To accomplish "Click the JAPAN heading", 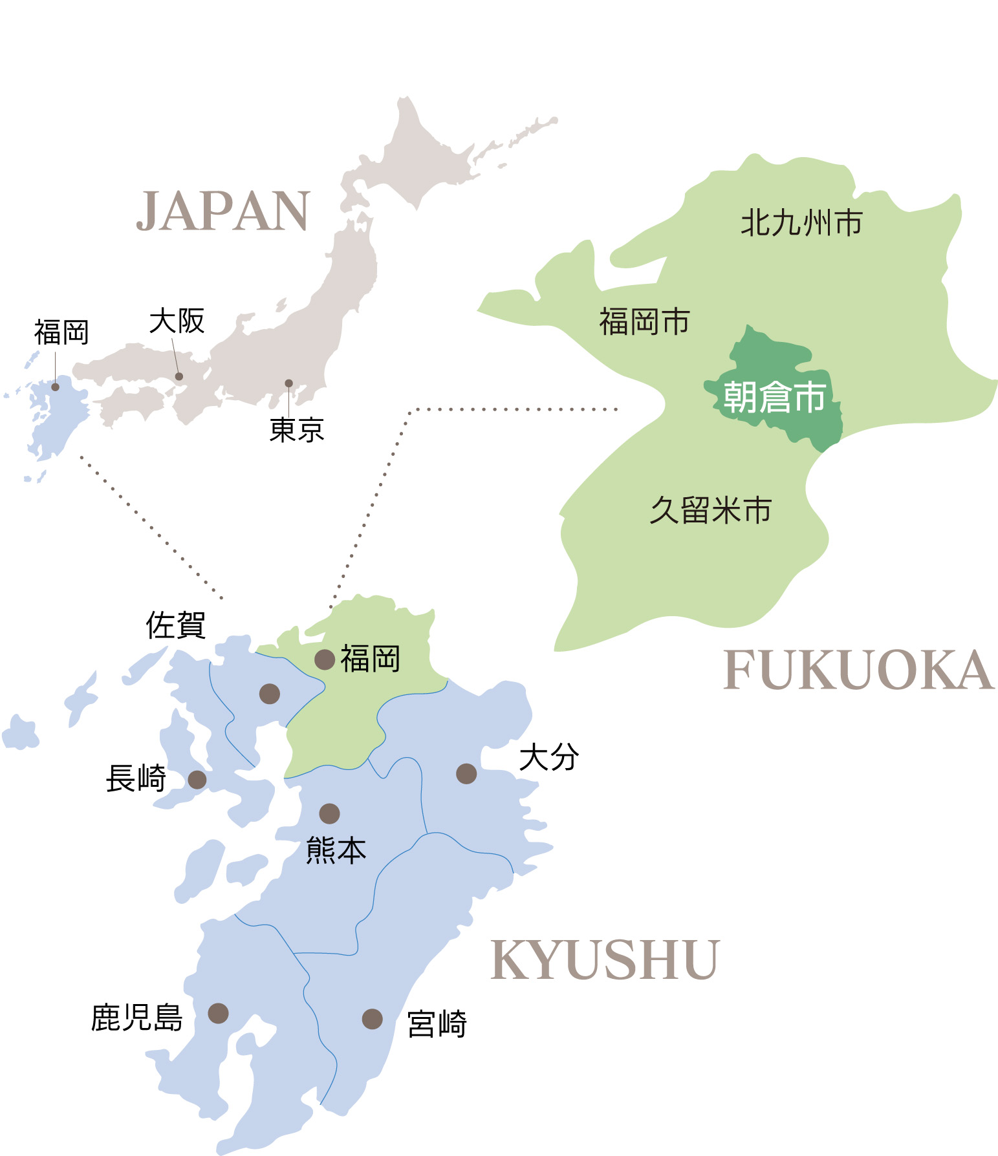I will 223,211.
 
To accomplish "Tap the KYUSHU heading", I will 605,961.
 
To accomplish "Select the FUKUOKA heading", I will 858,670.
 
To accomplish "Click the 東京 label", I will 297,430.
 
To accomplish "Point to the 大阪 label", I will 177,321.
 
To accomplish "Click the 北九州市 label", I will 801,223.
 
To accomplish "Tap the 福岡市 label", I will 645,322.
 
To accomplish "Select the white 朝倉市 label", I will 774,397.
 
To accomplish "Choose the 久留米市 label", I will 711,511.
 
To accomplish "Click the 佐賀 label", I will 176,625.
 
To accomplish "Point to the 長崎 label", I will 136,778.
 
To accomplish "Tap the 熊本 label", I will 336,850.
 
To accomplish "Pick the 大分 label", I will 549,757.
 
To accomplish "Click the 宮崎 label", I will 437,1024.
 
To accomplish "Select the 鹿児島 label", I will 137,1018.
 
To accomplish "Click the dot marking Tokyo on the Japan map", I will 289,383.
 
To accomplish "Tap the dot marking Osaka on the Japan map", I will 179,376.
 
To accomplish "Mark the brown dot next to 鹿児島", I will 219,1013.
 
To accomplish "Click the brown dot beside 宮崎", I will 372,1019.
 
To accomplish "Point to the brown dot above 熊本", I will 329,813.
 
